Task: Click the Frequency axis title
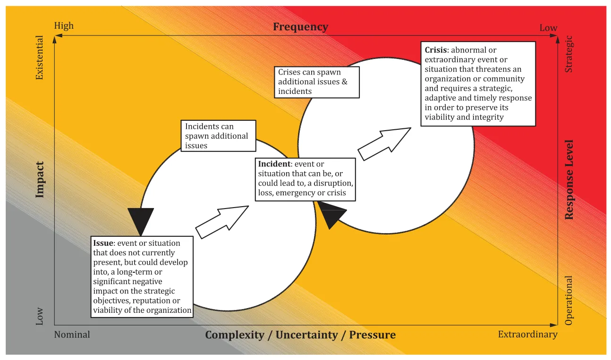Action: tap(301, 27)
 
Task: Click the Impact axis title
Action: tap(40, 180)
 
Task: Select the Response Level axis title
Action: tap(569, 180)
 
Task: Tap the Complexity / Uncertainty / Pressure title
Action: tap(300, 335)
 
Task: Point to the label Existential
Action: tap(40, 58)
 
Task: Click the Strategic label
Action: tap(569, 54)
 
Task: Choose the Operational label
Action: tap(569, 301)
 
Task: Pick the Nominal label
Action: tap(72, 335)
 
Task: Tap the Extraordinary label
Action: tap(527, 335)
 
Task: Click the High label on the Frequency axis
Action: tap(64, 25)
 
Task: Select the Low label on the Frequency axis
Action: tap(548, 28)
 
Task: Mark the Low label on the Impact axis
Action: tap(40, 316)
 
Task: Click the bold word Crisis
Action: tap(436, 50)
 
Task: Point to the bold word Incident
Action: tap(274, 164)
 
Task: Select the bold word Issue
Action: tap(103, 243)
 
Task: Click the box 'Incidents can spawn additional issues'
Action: tap(218, 136)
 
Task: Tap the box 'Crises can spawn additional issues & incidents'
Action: tap(317, 82)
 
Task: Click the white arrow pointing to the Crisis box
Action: tap(384, 143)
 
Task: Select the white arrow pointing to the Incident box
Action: tap(222, 222)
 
